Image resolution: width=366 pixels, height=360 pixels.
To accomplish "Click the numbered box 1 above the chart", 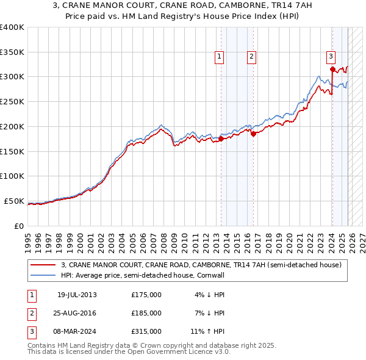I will [x=219, y=57].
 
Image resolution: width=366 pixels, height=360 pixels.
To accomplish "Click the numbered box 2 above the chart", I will [x=251, y=57].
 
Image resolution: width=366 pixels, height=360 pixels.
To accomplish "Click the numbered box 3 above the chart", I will [x=331, y=57].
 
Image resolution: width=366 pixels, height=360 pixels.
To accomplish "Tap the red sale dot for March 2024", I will [x=332, y=70].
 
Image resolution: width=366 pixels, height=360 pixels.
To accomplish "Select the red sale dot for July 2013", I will [x=221, y=139].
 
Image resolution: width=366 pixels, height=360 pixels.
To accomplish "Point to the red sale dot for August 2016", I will [x=254, y=134].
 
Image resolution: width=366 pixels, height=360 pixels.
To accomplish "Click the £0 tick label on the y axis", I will [x=18, y=226].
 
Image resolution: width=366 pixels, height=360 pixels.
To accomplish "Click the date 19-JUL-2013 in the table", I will [x=77, y=295].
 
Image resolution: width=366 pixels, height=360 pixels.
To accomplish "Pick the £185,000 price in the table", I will [x=146, y=313].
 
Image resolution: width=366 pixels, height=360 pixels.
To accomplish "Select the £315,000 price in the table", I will [x=146, y=331].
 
